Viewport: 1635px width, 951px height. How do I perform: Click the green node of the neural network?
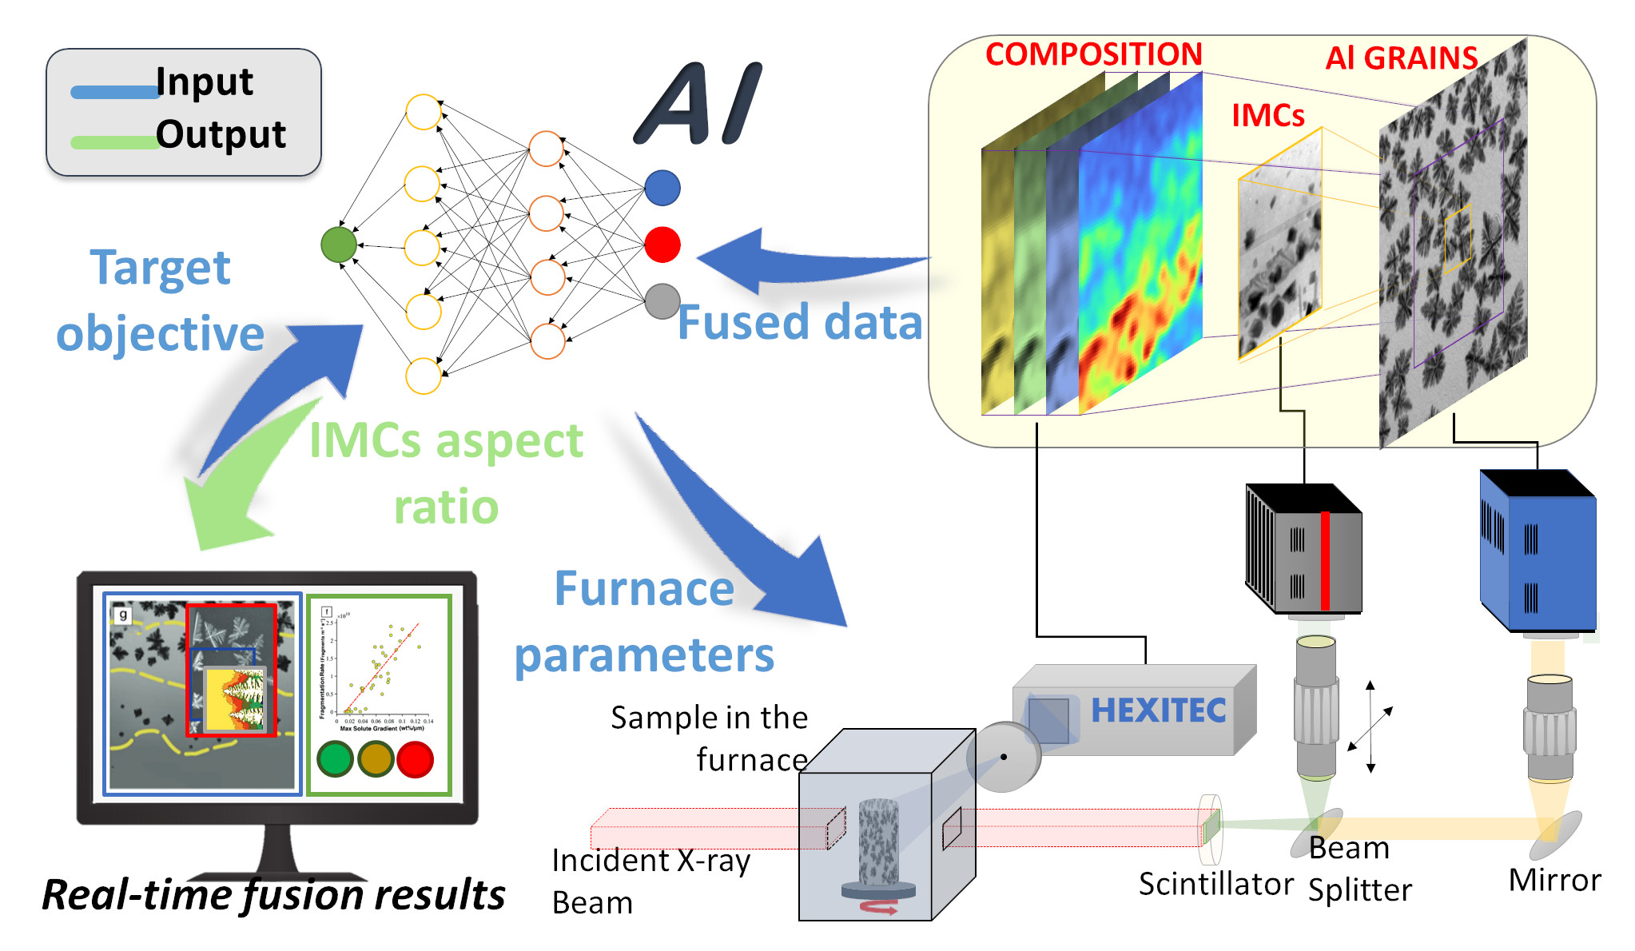pyautogui.click(x=338, y=245)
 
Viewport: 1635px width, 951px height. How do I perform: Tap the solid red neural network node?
pyautogui.click(x=662, y=245)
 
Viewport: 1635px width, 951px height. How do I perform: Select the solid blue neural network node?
pyautogui.click(x=662, y=188)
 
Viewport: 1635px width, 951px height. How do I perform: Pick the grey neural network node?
pyautogui.click(x=662, y=301)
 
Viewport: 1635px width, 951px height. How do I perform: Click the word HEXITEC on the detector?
pyautogui.click(x=1158, y=710)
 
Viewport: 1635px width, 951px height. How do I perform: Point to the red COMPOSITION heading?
pyautogui.click(x=1093, y=54)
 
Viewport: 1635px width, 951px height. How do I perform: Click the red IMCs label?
pyautogui.click(x=1267, y=116)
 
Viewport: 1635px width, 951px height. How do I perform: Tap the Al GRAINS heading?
pyautogui.click(x=1401, y=58)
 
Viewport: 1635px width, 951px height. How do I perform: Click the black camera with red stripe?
pyautogui.click(x=1304, y=551)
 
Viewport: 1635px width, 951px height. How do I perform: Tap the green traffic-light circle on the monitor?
pyautogui.click(x=335, y=758)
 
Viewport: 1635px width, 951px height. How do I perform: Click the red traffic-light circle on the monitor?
pyautogui.click(x=415, y=758)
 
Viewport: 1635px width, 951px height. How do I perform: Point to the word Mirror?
pyautogui.click(x=1554, y=880)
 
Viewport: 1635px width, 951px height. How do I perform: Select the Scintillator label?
pyautogui.click(x=1215, y=884)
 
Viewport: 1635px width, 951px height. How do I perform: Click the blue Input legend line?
pyautogui.click(x=114, y=92)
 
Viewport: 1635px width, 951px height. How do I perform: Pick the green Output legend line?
pyautogui.click(x=114, y=143)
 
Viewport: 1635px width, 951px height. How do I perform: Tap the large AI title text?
pyautogui.click(x=700, y=104)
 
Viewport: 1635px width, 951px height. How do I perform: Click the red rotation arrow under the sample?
pyautogui.click(x=879, y=907)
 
